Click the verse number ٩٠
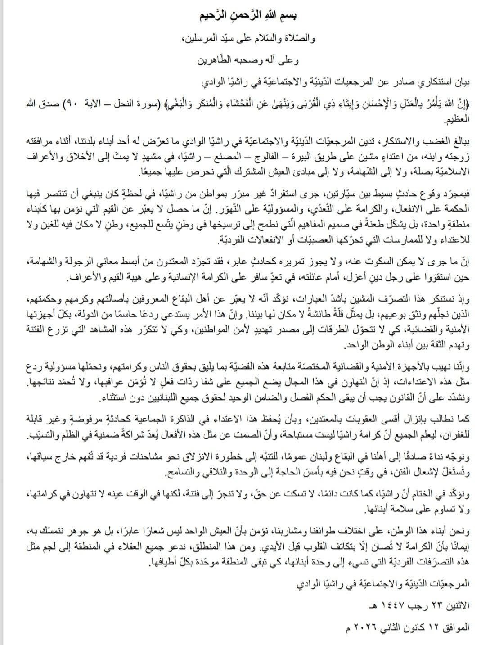pos(379,104)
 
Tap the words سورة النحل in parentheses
pos(430,104)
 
